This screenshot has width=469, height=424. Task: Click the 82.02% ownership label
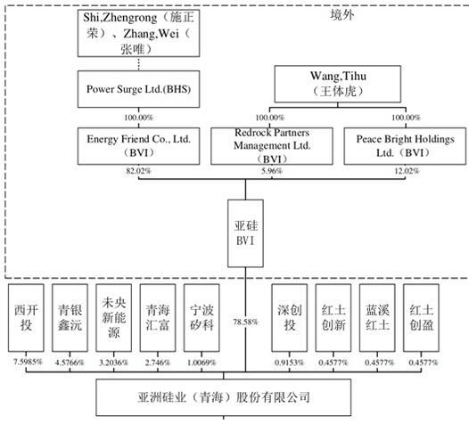coord(138,171)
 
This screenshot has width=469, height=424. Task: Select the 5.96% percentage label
coord(272,171)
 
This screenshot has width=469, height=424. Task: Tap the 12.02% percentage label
coord(407,171)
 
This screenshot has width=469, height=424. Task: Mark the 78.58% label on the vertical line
coord(245,322)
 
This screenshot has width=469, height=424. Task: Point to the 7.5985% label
coord(29,363)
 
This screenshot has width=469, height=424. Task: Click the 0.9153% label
coord(289,363)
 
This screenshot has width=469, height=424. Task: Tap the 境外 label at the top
coord(342,15)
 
